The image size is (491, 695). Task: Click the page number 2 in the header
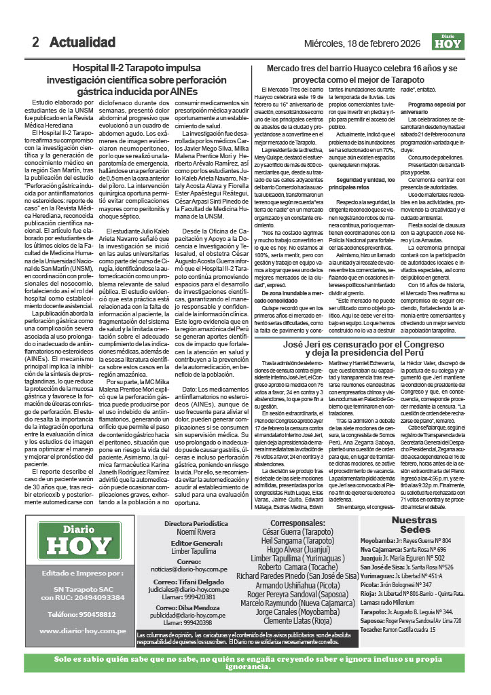coord(35,42)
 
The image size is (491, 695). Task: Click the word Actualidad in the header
coord(82,42)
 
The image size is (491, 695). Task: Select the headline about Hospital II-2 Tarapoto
coord(136,79)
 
